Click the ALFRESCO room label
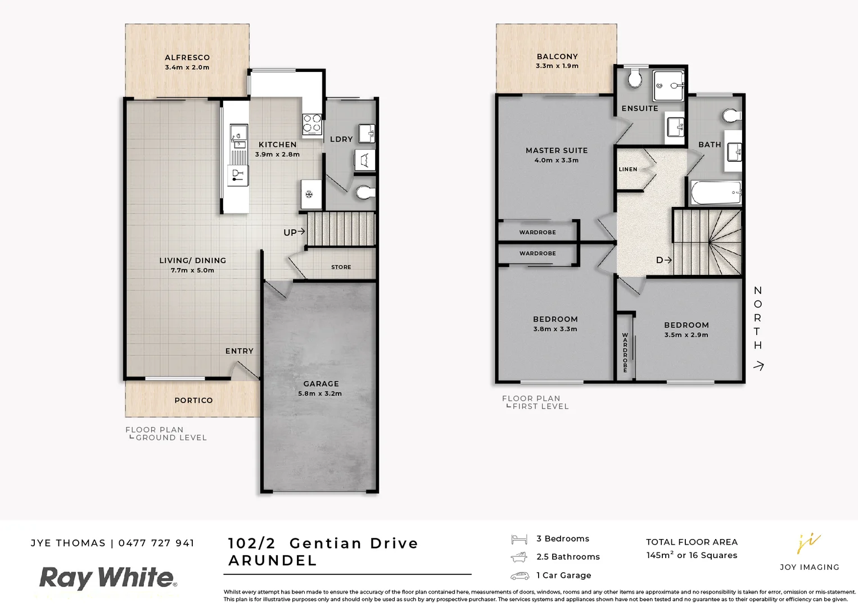pyautogui.click(x=187, y=57)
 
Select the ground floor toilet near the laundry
pyautogui.click(x=365, y=193)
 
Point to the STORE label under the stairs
pyautogui.click(x=341, y=268)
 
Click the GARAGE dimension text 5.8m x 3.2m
pyautogui.click(x=320, y=394)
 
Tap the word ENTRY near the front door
pyautogui.click(x=240, y=351)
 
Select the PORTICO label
pyautogui.click(x=193, y=401)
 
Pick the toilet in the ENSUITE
pyautogui.click(x=635, y=78)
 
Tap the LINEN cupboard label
pyautogui.click(x=628, y=169)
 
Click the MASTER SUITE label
pyautogui.click(x=557, y=151)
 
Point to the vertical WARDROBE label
pyautogui.click(x=625, y=352)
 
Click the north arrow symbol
pyautogui.click(x=758, y=366)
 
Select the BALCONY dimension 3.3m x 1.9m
pyautogui.click(x=557, y=66)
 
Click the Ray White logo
pyautogui.click(x=107, y=578)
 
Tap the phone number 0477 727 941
pyautogui.click(x=156, y=543)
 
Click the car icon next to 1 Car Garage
pyautogui.click(x=520, y=576)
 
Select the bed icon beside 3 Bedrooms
pyautogui.click(x=519, y=540)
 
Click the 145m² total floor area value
pyautogui.click(x=660, y=555)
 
